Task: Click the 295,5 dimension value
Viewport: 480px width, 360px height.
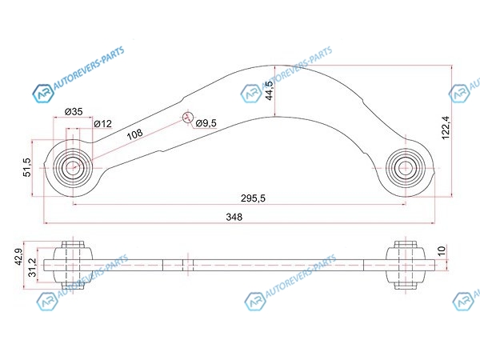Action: click(253, 198)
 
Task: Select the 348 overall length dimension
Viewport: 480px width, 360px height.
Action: click(234, 217)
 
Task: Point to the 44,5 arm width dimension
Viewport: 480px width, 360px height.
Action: click(270, 90)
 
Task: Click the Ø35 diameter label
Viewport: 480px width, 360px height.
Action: click(74, 111)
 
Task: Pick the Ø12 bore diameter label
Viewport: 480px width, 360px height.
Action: click(103, 124)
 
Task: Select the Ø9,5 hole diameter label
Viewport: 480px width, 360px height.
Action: click(206, 123)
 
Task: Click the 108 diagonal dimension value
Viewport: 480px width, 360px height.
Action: click(135, 134)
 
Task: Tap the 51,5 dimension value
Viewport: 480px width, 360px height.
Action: click(27, 167)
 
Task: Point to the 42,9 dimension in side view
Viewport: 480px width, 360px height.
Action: click(18, 257)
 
